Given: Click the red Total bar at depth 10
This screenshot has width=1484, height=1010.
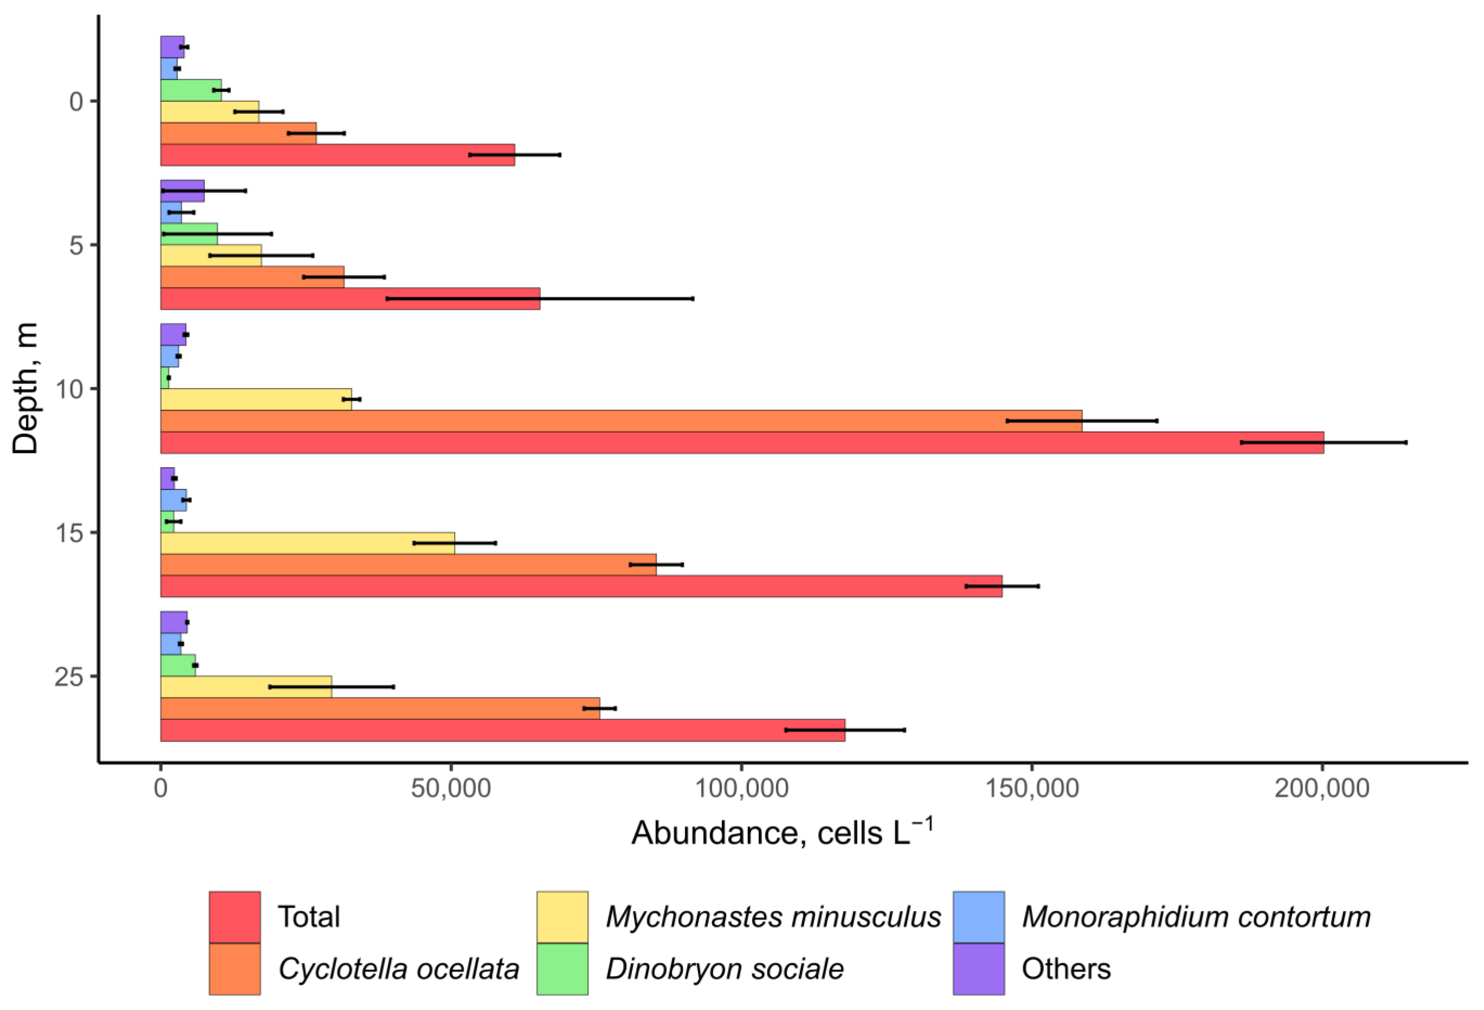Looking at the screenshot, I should click(x=741, y=443).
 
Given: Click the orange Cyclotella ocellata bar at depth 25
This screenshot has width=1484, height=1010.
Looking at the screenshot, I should click(x=380, y=708).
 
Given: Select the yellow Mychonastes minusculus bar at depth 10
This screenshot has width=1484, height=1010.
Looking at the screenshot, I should click(x=256, y=399).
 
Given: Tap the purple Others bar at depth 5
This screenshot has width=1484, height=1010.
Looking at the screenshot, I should click(x=182, y=190).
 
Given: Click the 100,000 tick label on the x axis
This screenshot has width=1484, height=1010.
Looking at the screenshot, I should click(x=741, y=788).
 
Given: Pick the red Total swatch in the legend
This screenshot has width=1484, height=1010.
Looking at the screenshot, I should click(x=234, y=917).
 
